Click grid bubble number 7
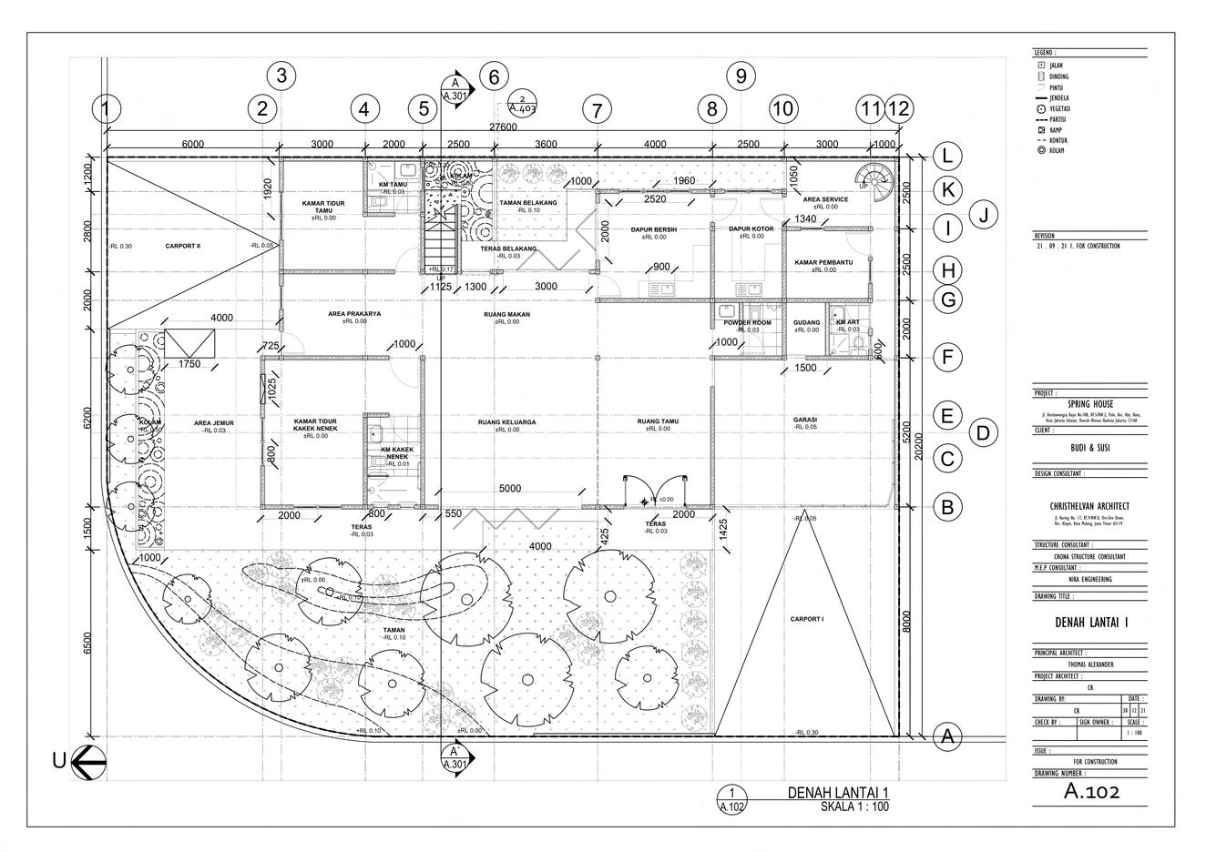[x=597, y=111]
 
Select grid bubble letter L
[x=947, y=157]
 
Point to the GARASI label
[x=804, y=421]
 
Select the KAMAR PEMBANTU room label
[x=823, y=262]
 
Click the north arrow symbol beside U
[x=89, y=761]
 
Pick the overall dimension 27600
[x=503, y=127]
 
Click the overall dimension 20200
[x=922, y=446]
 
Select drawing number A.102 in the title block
[x=1091, y=792]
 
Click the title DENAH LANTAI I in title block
[x=1091, y=623]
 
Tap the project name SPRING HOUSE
[x=1090, y=404]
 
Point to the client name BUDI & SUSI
[x=1090, y=448]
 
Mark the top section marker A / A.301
[x=455, y=88]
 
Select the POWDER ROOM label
[x=747, y=323]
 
